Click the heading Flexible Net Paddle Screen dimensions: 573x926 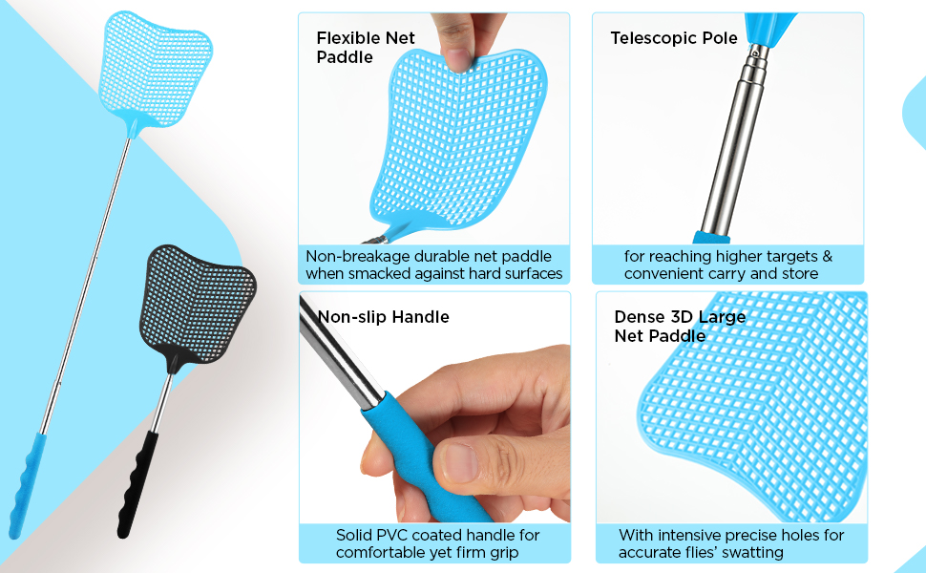(x=366, y=48)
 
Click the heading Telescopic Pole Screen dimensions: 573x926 (x=674, y=38)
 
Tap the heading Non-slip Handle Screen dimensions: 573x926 (x=383, y=317)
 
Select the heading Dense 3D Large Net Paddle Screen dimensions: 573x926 (x=680, y=326)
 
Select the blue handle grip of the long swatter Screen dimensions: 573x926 (x=25, y=482)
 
